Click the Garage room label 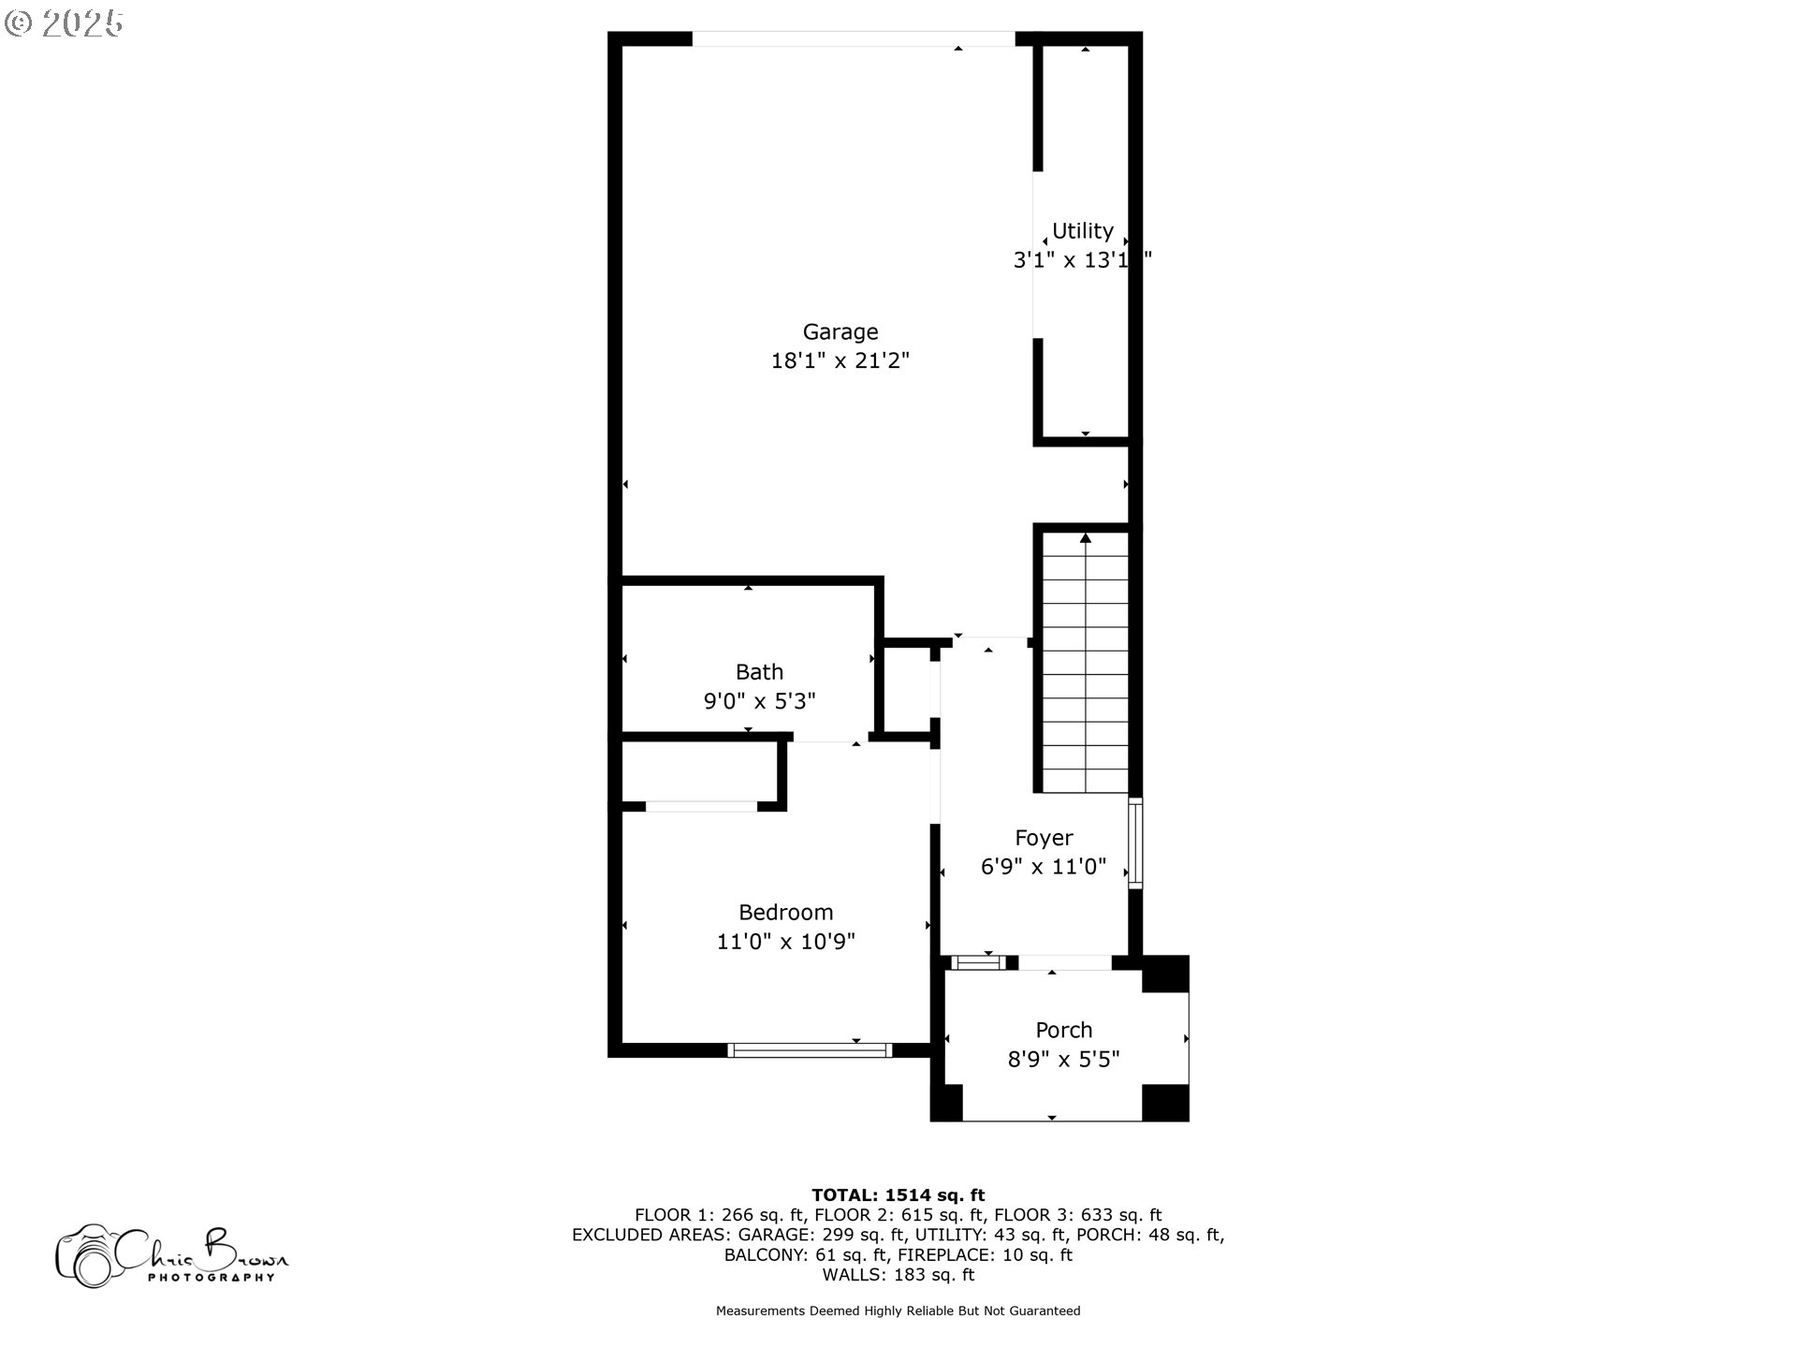[x=840, y=331]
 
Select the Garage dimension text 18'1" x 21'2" [x=840, y=360]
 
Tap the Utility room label [x=1082, y=231]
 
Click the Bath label [x=759, y=672]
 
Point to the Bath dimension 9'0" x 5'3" [x=759, y=701]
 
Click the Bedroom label [x=785, y=913]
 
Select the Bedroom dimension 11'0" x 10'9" [x=785, y=942]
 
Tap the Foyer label [x=1044, y=838]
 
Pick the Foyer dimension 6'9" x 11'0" [x=1044, y=867]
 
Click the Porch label [x=1063, y=1030]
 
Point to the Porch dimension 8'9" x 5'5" [x=1063, y=1060]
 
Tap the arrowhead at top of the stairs [x=1086, y=538]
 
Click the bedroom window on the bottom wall [x=810, y=1050]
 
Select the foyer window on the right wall [x=1135, y=842]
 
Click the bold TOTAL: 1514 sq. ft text [x=898, y=1194]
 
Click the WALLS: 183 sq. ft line [x=898, y=1275]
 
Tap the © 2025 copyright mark [x=64, y=22]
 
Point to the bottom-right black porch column [x=1165, y=1102]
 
